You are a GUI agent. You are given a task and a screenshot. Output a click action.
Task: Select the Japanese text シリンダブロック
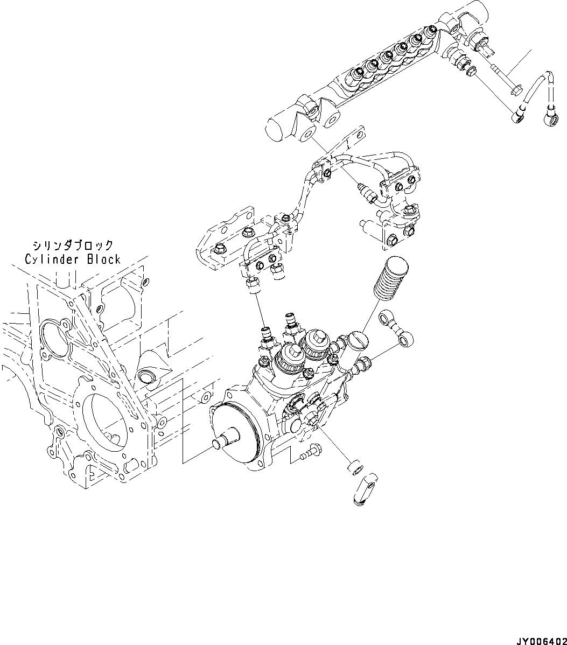[x=73, y=246]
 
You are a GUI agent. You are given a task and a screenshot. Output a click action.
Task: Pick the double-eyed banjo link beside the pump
[x=398, y=329]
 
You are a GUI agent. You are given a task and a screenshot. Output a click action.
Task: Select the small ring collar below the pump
[x=353, y=467]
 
